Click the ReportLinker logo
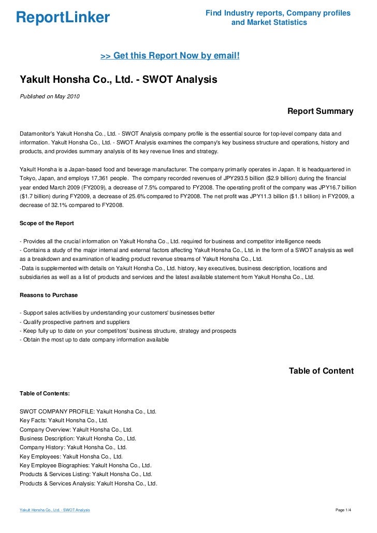coord(63,18)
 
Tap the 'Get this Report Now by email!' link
coord(170,55)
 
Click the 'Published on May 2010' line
coord(50,97)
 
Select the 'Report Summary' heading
coord(320,111)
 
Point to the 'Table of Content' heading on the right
coord(321,371)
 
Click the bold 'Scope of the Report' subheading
coord(47,223)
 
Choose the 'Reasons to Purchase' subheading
coord(49,295)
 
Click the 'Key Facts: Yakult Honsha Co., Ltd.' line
coord(64,421)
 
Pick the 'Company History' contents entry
coord(73,447)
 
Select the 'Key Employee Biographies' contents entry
coord(85,465)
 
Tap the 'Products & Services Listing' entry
coord(86,474)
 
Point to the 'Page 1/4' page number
coord(344,511)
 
